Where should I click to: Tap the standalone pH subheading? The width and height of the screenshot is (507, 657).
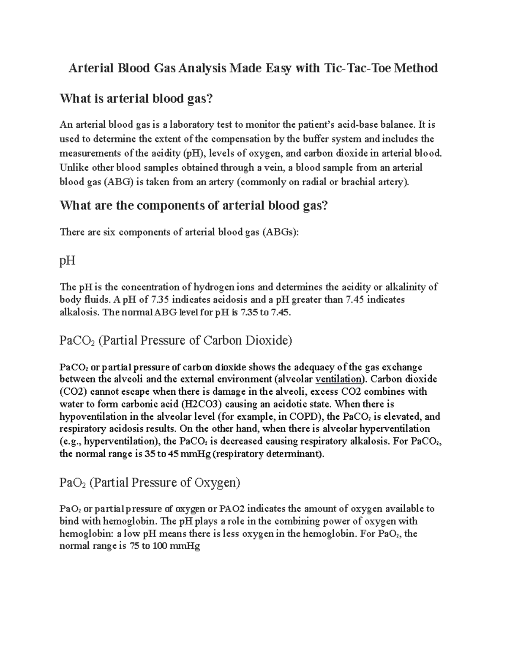tap(68, 260)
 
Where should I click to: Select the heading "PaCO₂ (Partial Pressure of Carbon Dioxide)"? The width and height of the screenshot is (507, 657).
tap(176, 341)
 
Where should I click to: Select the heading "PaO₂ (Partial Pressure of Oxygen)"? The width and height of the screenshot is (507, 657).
tap(150, 482)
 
